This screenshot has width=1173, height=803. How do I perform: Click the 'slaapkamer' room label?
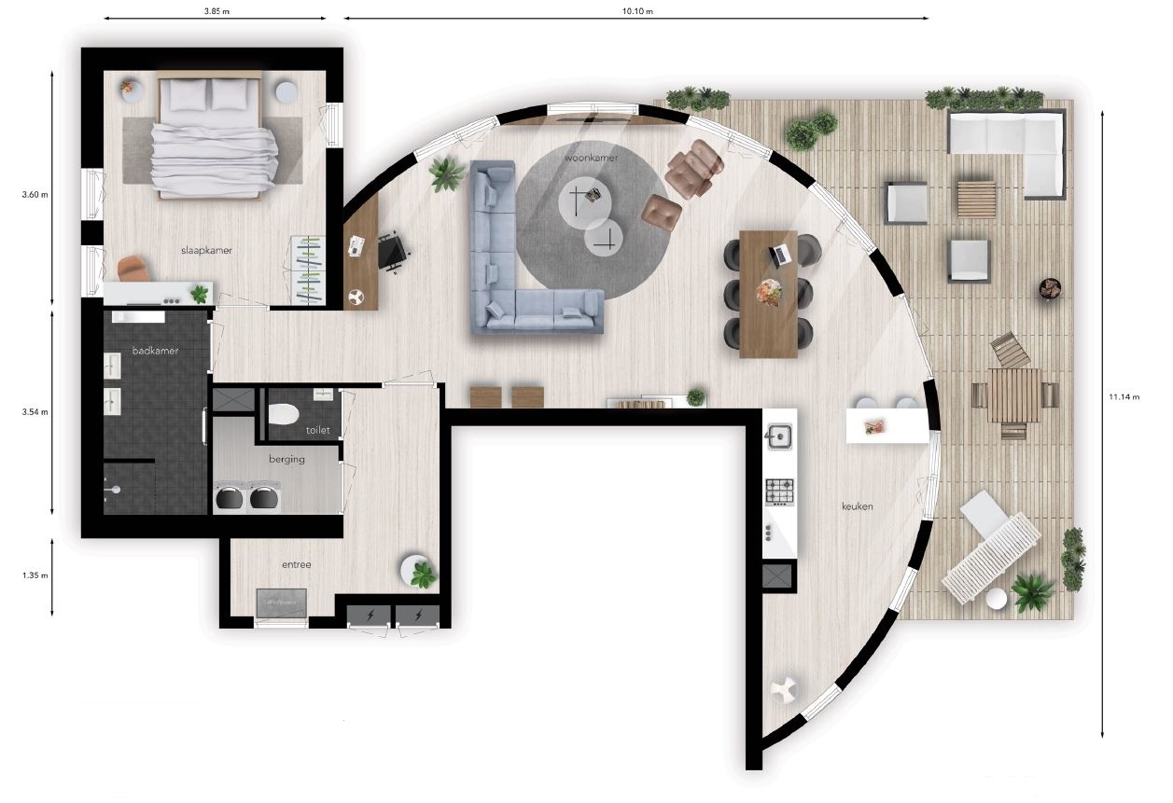click(206, 250)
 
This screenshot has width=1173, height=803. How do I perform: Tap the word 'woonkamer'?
click(592, 158)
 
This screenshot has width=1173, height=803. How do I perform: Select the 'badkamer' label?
click(155, 351)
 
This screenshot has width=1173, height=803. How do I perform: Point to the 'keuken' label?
click(858, 506)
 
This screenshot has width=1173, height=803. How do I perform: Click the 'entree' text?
click(297, 564)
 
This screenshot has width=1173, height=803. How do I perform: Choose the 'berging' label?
click(286, 459)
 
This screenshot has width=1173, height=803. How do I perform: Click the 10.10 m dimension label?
click(637, 11)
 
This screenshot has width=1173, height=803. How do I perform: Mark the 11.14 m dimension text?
click(1124, 396)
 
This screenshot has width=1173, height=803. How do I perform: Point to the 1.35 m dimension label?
click(35, 575)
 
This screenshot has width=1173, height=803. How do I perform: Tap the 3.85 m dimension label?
click(216, 11)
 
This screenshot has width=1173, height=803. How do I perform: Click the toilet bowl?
click(284, 414)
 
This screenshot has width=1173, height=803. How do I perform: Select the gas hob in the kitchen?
click(780, 492)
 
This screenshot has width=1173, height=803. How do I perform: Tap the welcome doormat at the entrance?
click(281, 602)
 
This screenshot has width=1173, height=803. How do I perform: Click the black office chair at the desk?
click(392, 253)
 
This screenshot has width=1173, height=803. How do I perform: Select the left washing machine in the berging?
click(229, 497)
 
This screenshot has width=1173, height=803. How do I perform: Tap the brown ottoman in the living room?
click(662, 212)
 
